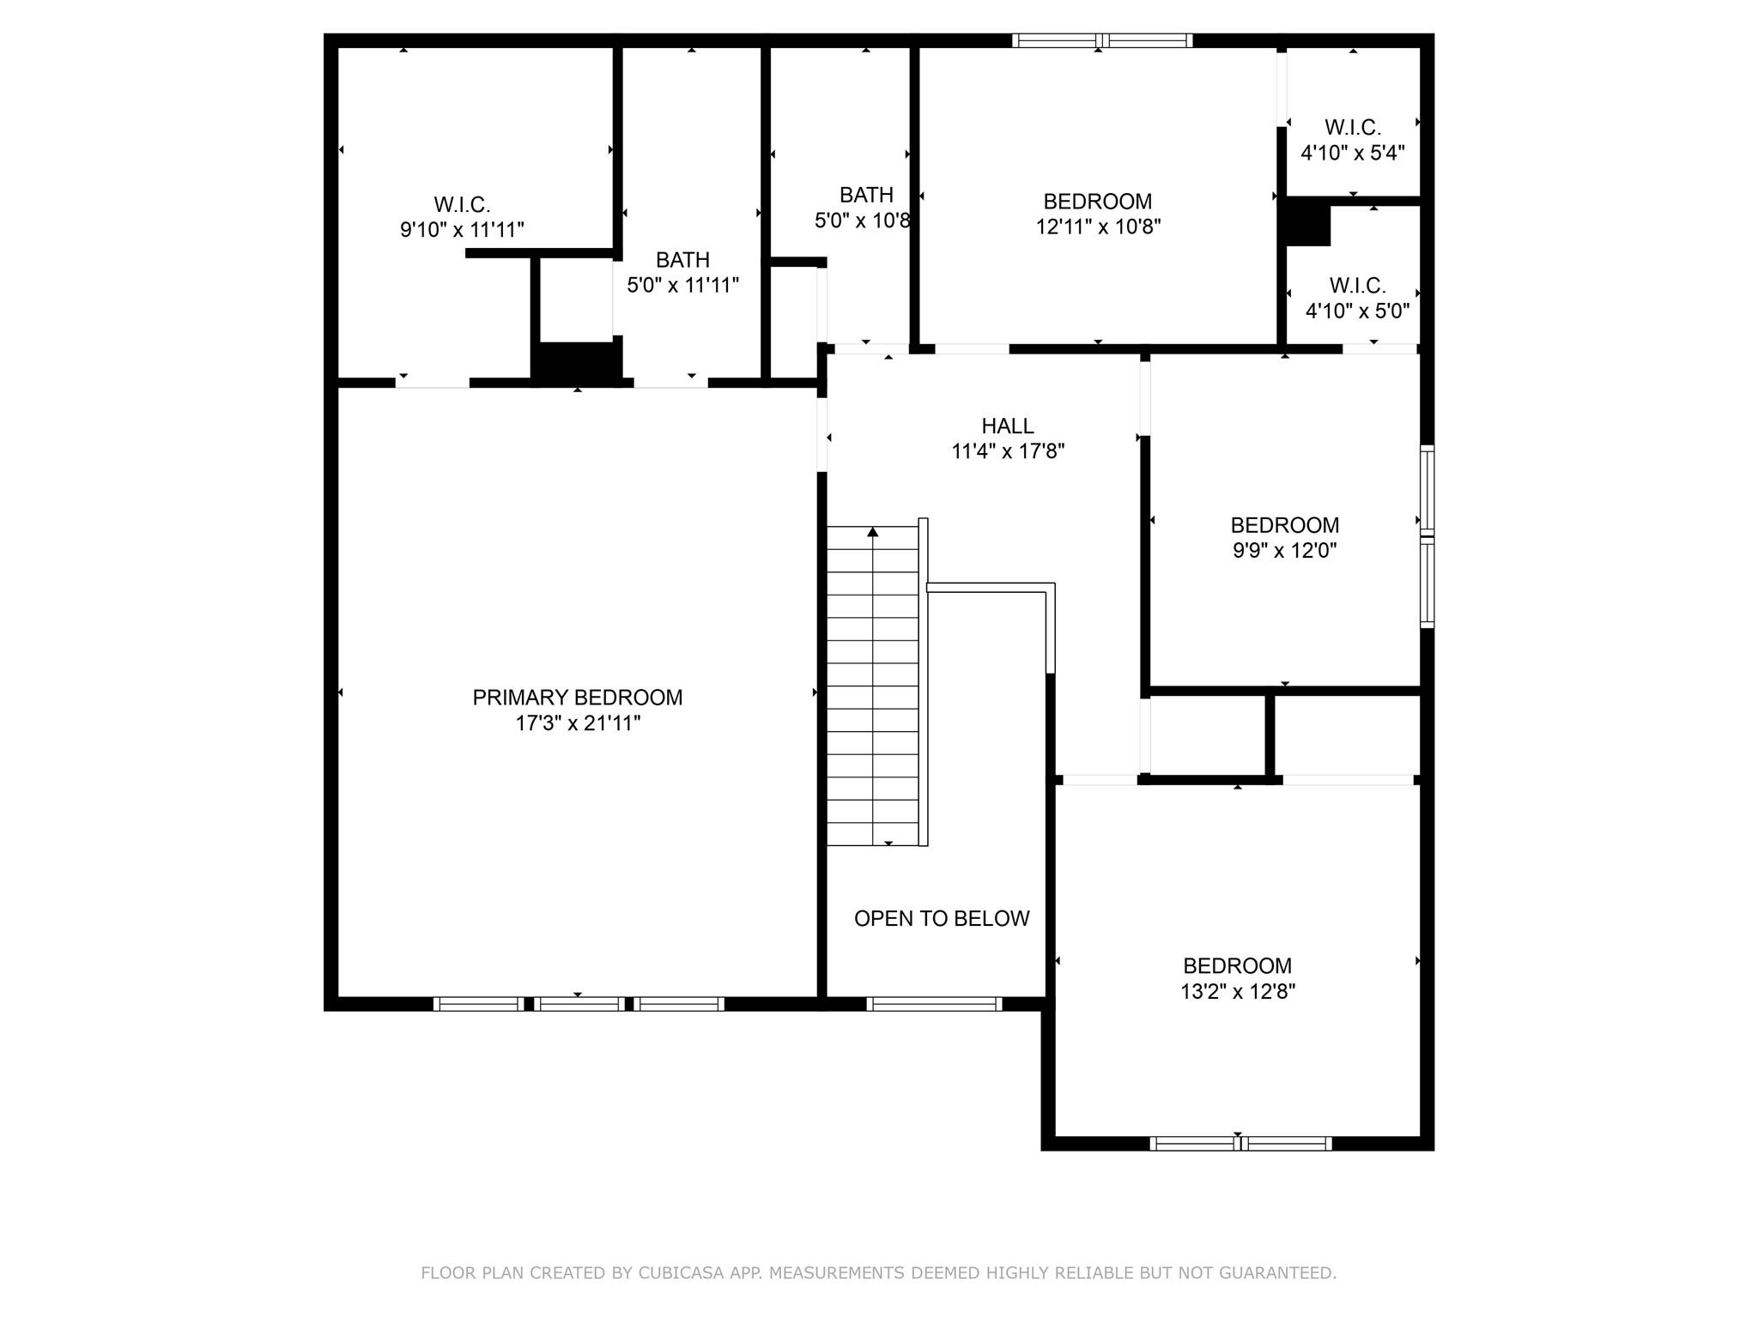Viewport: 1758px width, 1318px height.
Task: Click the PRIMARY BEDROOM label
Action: point(577,698)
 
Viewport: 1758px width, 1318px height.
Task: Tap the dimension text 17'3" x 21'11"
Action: point(577,723)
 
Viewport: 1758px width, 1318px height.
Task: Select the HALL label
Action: point(1007,426)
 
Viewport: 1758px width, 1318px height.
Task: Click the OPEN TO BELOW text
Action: point(941,918)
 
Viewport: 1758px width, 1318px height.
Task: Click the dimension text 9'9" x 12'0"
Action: point(1284,551)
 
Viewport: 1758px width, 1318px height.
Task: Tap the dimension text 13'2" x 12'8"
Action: point(1237,992)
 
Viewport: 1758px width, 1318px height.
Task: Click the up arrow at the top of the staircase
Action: point(873,532)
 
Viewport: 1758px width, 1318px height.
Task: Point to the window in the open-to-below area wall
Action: point(934,1003)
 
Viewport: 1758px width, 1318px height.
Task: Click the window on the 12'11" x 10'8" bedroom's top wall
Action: point(1102,40)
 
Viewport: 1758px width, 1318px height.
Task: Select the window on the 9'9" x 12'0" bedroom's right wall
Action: point(1427,536)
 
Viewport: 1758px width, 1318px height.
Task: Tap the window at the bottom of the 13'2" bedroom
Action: point(1240,1143)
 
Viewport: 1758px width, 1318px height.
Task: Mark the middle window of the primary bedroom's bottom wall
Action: point(579,1003)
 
